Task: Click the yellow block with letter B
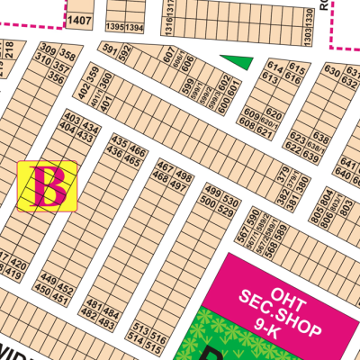(48, 185)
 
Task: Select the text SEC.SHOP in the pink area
(279, 311)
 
